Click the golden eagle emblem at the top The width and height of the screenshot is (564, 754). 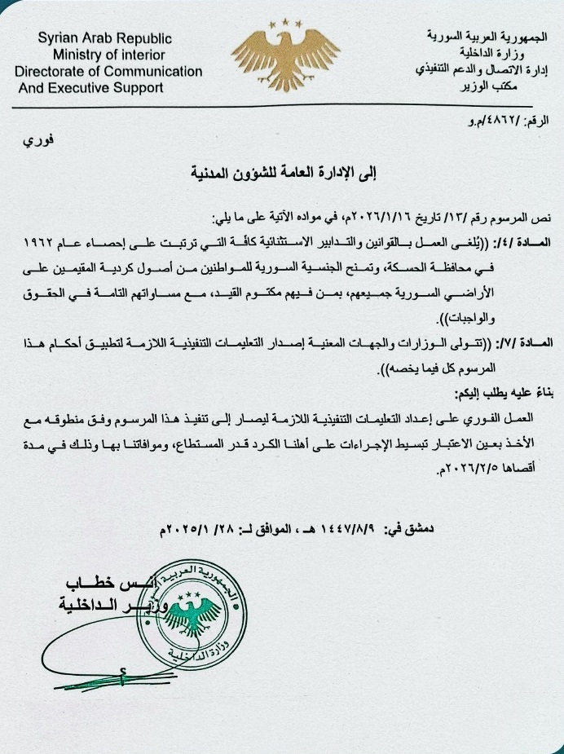pos(283,56)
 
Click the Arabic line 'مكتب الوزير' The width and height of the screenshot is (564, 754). pos(514,84)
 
